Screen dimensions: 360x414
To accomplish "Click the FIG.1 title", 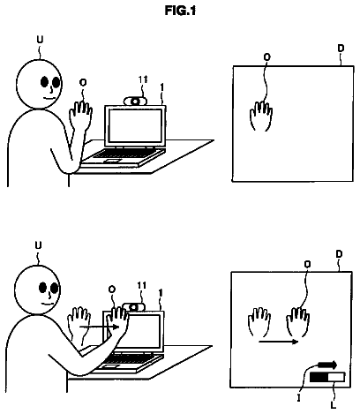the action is coord(180,11).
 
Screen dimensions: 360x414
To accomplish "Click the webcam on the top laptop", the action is coord(135,102).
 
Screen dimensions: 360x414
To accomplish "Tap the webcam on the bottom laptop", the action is coord(134,307).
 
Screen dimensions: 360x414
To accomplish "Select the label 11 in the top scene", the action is coord(143,79).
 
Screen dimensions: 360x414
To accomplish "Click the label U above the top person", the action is coord(40,40).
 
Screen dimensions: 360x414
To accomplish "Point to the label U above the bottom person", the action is coord(39,245).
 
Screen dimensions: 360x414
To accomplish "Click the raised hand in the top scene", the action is coord(80,116).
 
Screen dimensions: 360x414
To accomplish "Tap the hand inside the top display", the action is coord(261,117).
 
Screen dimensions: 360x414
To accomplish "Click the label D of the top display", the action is coord(341,49).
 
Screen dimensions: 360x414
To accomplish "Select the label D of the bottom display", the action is coord(340,254).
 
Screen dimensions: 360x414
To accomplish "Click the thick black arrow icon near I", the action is coord(327,365).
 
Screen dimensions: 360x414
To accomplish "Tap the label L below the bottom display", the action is coord(333,405).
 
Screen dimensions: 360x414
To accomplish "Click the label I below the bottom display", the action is coord(299,398).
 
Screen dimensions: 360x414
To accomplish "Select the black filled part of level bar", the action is coord(319,377).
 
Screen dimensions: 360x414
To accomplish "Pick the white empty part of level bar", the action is coord(336,377).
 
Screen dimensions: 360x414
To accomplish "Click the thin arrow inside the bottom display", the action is coord(279,342).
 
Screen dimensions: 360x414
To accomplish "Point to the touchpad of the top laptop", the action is coord(112,161).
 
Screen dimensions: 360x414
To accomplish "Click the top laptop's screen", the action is coord(135,124).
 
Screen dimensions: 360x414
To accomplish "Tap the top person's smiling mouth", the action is coord(49,97).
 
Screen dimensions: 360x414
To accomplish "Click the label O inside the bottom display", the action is coord(307,265).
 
